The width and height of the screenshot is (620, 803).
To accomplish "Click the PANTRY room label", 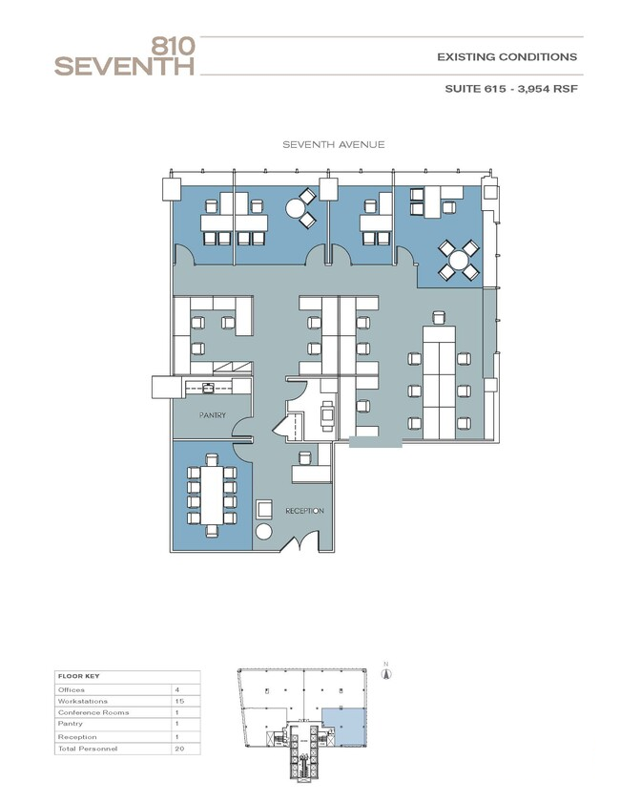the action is tap(213, 415).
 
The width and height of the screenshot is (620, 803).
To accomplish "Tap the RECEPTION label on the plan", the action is tap(304, 511).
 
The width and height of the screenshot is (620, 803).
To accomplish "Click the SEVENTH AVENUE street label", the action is tap(334, 144).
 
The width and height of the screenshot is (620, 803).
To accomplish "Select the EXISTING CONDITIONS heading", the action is tap(506, 57).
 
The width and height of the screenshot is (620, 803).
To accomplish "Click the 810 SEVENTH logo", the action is tap(125, 57).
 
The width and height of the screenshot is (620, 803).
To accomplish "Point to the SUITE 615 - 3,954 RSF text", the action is tap(511, 88).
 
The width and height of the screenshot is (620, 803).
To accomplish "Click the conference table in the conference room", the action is tap(212, 495).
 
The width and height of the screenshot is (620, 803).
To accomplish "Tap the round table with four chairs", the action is tap(459, 260).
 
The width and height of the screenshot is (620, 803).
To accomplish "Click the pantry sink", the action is tap(208, 387).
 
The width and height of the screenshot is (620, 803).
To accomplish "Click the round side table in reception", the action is tap(263, 532).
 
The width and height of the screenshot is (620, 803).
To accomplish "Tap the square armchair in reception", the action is tap(265, 510).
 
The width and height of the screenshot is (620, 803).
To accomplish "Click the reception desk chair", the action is tap(304, 457).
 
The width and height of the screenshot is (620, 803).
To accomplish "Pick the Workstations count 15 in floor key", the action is tap(179, 701).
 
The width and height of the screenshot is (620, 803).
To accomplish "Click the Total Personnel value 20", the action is tap(179, 749).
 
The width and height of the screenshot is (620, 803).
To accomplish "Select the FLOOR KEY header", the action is tap(79, 677).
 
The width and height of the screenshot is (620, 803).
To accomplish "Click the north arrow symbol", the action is tap(386, 672).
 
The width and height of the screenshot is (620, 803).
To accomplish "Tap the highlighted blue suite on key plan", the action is tap(343, 728).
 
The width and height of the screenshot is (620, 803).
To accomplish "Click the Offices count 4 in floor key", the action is tap(177, 689).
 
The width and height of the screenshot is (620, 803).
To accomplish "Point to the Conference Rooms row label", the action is tap(93, 712).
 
